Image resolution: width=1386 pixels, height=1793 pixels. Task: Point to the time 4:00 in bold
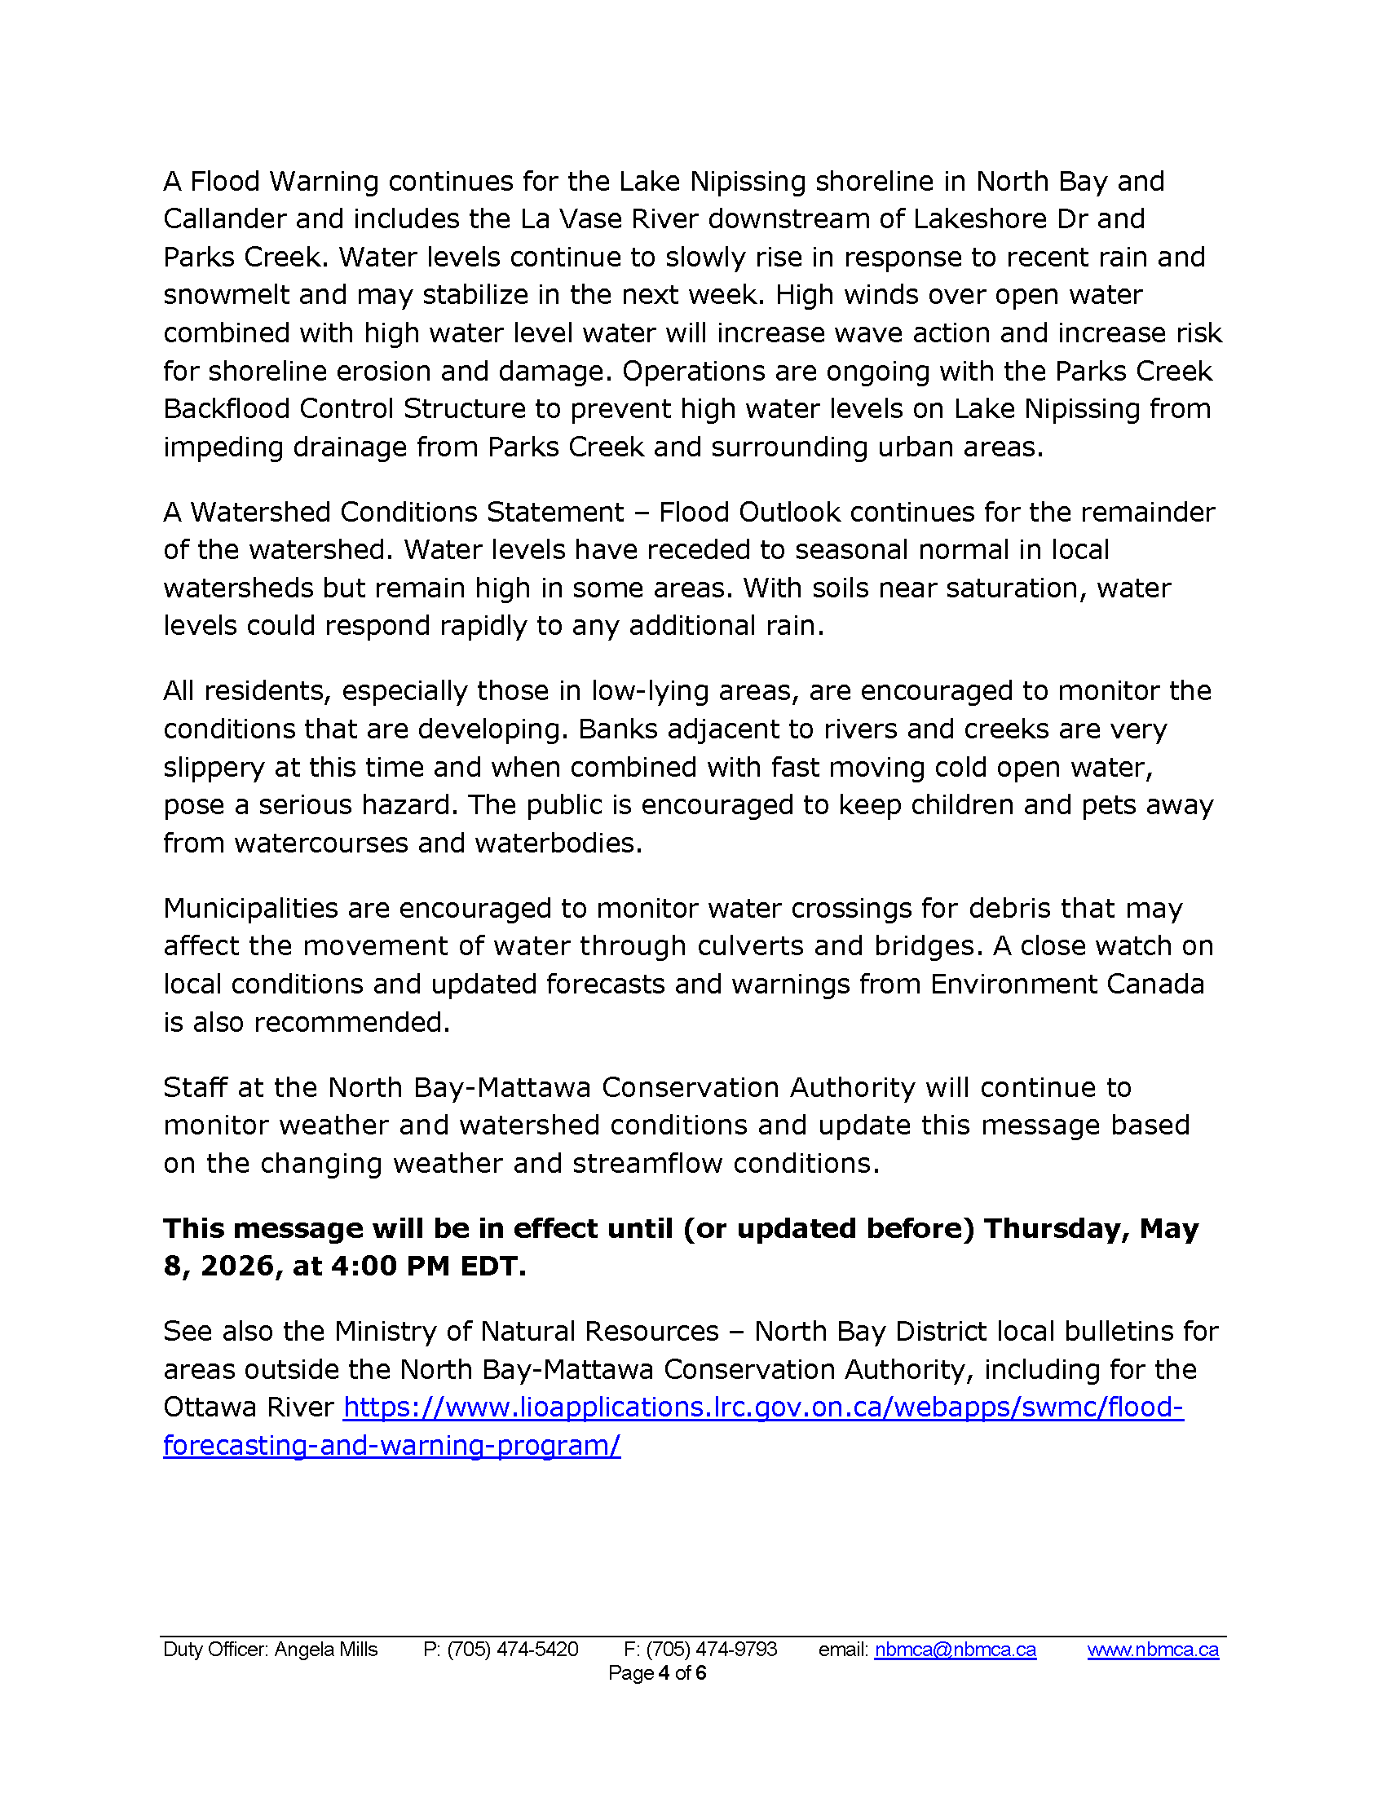[362, 1267]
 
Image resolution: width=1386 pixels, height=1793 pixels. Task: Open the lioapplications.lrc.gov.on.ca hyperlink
[763, 1408]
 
